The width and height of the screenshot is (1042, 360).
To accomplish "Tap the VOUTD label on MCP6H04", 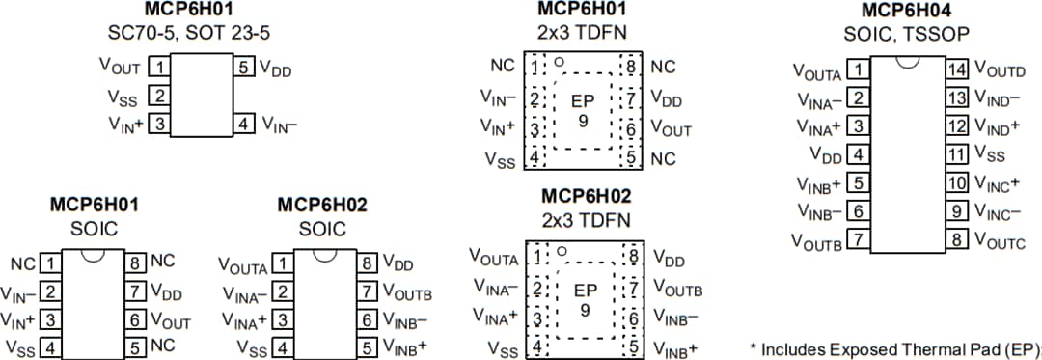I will (1000, 69).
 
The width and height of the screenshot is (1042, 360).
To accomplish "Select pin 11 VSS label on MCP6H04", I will (990, 153).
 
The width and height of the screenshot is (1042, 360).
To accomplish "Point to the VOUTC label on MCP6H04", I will (1000, 238).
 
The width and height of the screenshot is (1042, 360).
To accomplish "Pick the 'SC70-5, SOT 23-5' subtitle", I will (189, 32).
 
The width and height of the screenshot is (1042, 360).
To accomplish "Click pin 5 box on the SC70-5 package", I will (245, 69).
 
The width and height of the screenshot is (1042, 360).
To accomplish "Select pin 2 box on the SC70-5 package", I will (160, 96).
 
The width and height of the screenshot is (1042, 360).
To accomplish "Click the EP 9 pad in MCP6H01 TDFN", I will (583, 110).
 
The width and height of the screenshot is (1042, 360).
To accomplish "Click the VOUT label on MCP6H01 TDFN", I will (671, 127).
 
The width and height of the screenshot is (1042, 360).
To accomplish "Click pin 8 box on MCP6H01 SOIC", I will (136, 263).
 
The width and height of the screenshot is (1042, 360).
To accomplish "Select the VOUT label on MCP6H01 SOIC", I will (171, 322).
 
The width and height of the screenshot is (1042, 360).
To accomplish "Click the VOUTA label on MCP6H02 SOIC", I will (241, 264).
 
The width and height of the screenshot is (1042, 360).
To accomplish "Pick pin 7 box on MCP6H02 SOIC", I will (368, 291).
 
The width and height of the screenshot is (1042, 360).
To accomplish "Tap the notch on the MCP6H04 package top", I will (906, 62).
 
